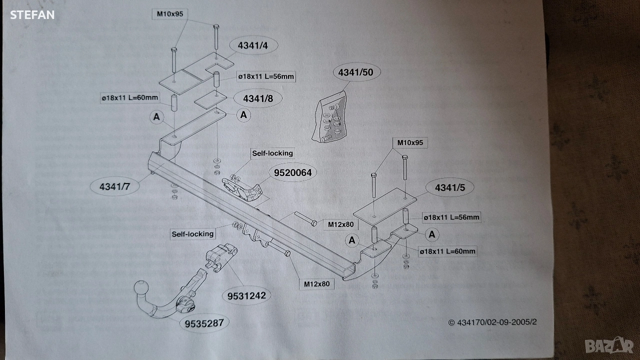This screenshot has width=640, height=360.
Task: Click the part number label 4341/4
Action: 253,45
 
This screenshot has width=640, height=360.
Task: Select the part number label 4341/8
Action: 258,98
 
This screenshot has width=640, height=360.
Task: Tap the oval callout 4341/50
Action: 355,72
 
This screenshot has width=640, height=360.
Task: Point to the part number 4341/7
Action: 114,187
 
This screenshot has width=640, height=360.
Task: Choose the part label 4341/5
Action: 449,188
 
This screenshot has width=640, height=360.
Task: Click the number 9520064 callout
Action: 293,173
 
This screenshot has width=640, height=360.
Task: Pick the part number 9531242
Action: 246,295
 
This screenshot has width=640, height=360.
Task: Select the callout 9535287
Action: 204,323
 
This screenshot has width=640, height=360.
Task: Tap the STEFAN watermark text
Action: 32,15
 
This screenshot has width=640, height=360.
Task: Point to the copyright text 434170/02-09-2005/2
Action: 492,322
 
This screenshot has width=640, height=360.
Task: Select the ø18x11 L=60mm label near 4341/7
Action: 129,98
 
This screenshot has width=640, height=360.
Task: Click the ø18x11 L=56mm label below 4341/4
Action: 266,76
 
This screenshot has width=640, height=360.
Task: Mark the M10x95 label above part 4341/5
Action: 410,143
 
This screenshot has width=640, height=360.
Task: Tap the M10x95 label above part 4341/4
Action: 169,14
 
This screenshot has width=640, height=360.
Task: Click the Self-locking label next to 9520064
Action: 272,153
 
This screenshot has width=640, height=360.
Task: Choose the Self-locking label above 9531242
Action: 192,233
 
